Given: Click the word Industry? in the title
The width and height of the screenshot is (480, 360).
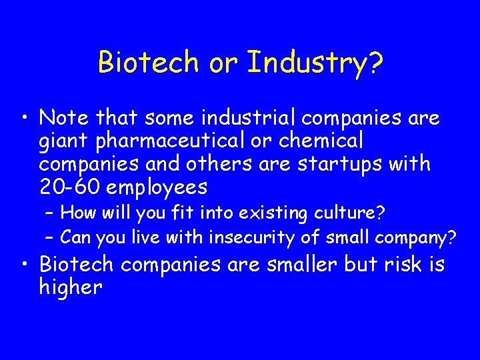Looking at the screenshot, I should [315, 63].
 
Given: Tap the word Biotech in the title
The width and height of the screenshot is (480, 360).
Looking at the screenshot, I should [148, 63].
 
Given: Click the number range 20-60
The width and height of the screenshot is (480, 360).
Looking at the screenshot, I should [70, 186].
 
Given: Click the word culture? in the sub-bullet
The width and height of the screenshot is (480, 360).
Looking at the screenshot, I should [352, 214].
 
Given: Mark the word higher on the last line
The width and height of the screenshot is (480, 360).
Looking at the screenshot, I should [71, 287].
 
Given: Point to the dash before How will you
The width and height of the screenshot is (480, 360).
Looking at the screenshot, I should [50, 214].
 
